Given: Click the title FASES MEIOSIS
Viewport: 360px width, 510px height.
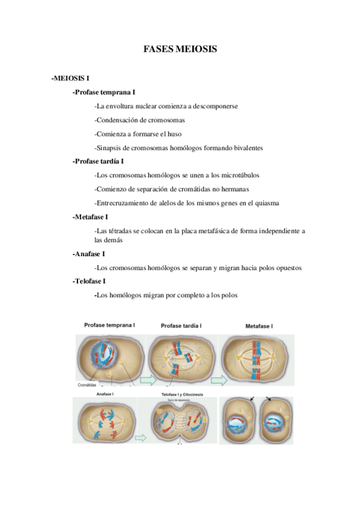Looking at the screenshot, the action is coord(180,49).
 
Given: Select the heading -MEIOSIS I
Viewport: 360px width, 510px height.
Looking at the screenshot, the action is coord(70,78).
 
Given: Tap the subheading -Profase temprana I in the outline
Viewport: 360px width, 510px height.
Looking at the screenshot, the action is coord(103,92).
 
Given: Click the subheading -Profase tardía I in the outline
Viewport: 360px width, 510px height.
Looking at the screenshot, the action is coord(98,161).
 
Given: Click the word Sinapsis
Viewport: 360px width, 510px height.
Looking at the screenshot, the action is coord(109,147).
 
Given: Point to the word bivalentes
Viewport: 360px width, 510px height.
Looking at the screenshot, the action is coord(246,147).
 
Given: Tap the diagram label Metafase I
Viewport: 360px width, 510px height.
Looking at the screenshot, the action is coord(259,326).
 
